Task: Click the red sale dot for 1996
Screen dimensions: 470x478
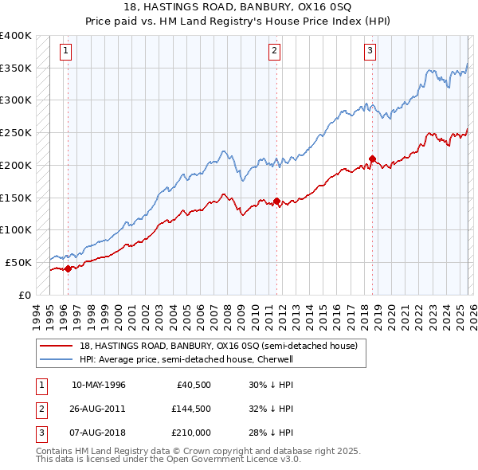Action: coord(69,268)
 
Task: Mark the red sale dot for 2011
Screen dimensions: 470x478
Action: coord(276,201)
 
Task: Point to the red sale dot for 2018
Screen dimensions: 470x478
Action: coord(372,159)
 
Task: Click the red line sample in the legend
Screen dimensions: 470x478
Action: coord(57,347)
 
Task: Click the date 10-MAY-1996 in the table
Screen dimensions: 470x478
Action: coord(99,385)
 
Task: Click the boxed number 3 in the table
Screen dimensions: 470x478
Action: coord(41,433)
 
